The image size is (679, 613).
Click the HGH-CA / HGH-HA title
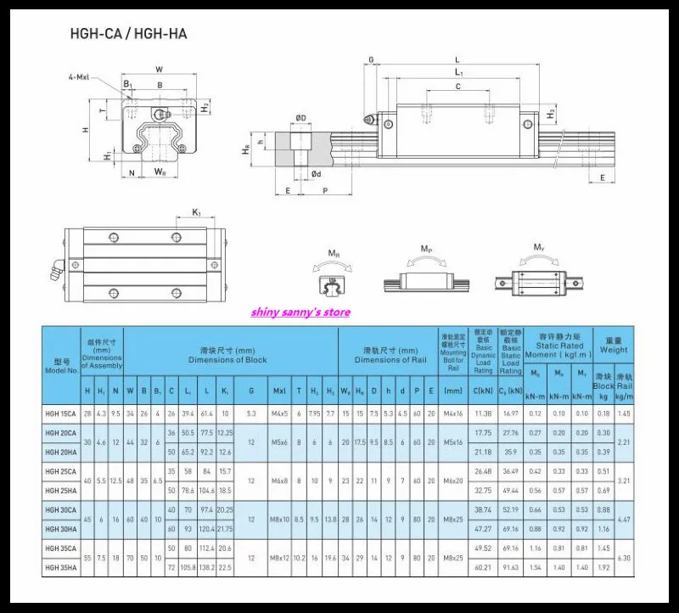[128, 34]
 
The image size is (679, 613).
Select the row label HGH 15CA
[63, 413]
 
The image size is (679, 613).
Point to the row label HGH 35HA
[63, 565]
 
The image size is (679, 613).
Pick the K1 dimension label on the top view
[196, 212]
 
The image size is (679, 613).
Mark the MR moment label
[334, 252]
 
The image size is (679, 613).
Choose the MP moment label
[426, 249]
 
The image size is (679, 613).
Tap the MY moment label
[538, 247]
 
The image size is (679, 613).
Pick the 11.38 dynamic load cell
[483, 413]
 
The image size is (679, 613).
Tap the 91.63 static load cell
[511, 565]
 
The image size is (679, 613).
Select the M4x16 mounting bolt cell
[453, 413]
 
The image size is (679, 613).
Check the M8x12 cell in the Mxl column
[279, 558]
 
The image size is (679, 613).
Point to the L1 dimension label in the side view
[457, 73]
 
